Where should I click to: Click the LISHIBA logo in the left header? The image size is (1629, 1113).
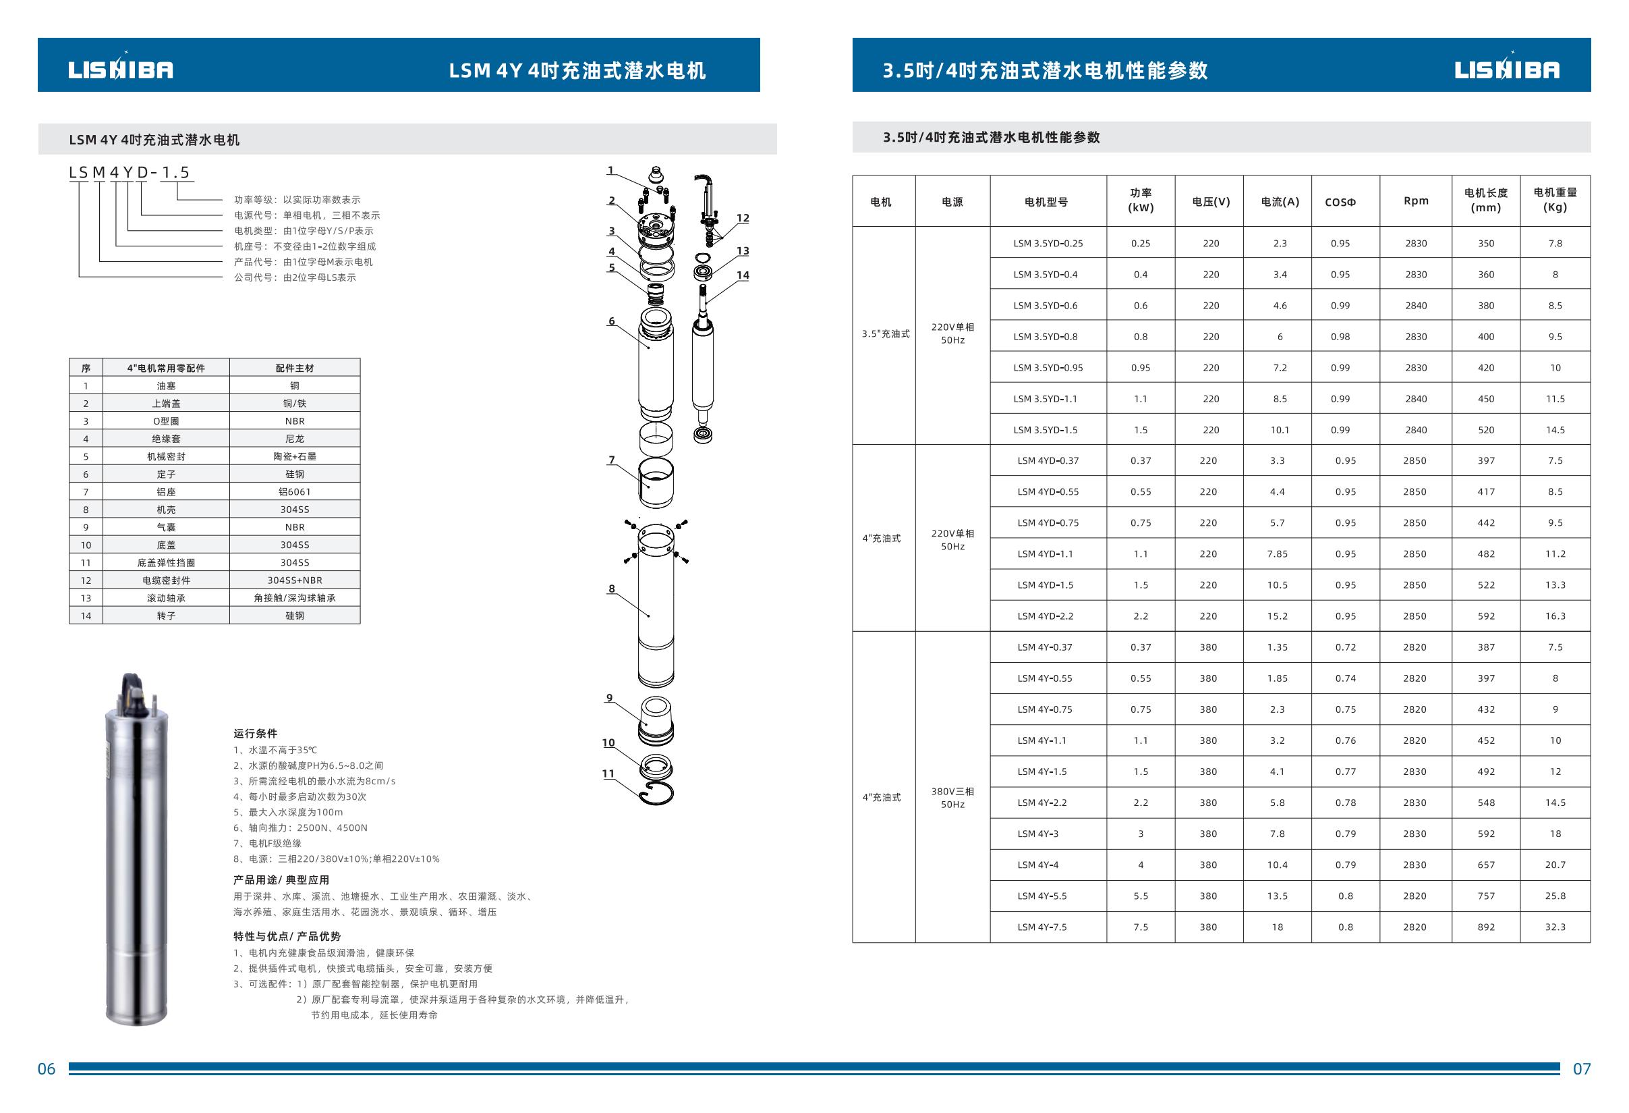click(121, 69)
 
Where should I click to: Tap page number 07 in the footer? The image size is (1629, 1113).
click(1581, 1069)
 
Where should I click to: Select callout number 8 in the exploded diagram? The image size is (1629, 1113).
click(611, 589)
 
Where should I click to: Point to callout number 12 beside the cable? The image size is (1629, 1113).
click(742, 218)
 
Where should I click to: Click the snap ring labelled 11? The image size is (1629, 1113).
click(656, 794)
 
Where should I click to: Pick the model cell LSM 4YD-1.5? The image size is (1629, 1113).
click(1045, 585)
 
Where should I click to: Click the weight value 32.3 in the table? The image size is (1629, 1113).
click(1555, 927)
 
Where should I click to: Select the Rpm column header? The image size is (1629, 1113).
click(1415, 200)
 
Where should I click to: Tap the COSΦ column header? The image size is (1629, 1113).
click(1340, 202)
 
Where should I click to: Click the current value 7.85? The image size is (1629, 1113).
click(1277, 554)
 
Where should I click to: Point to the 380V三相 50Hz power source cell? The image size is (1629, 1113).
click(952, 797)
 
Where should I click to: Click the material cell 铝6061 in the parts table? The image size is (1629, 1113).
click(294, 491)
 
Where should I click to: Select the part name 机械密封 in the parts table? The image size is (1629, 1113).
click(166, 456)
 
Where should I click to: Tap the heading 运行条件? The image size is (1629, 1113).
click(255, 734)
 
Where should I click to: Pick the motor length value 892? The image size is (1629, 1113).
click(1485, 927)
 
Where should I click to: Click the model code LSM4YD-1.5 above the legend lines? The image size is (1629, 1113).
click(130, 173)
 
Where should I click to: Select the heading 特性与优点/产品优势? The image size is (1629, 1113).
click(287, 936)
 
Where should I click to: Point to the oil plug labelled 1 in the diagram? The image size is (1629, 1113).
click(656, 173)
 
